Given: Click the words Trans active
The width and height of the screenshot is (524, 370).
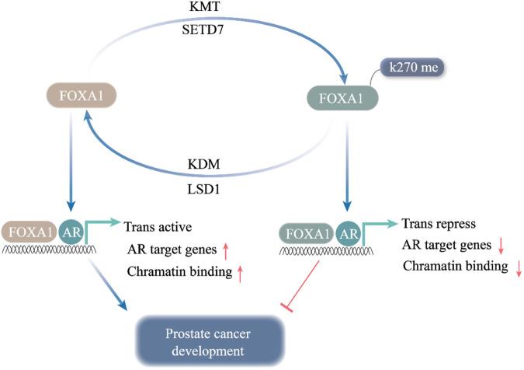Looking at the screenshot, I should click(159, 226).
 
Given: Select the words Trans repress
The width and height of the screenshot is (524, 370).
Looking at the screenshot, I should click(439, 224).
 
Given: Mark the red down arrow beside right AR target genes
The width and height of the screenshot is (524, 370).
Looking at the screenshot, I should click(501, 246).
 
